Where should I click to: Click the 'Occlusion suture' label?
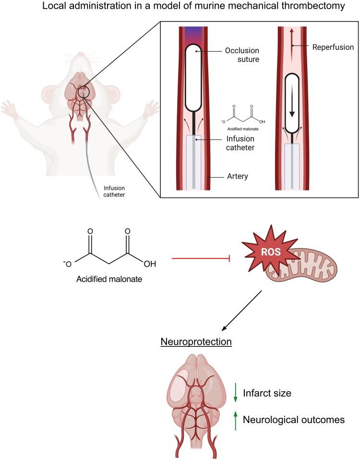pyautogui.click(x=242, y=55)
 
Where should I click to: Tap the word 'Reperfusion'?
pyautogui.click(x=332, y=47)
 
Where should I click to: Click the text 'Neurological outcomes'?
pyautogui.click(x=294, y=420)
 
